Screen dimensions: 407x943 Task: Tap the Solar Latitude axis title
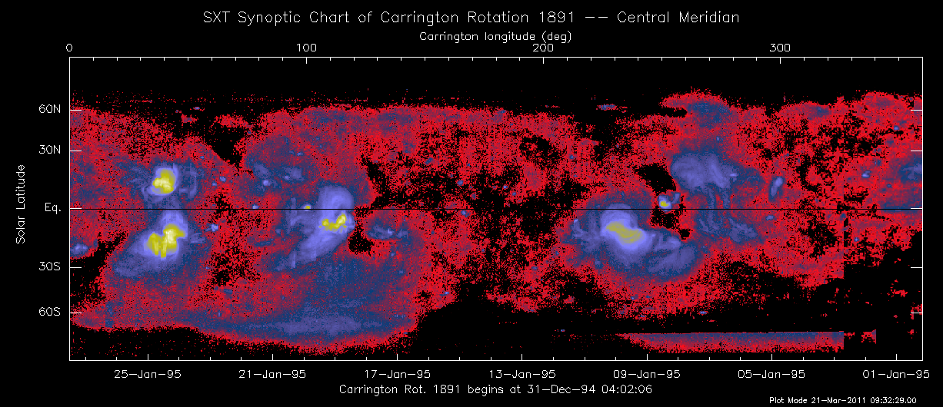pos(22,204)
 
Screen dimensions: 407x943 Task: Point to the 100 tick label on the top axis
pos(307,48)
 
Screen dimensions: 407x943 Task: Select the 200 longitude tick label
pos(544,48)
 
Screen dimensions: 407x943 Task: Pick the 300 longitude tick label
pos(781,48)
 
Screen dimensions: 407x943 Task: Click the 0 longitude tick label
pos(70,48)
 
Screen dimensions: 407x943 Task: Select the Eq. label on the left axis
pos(53,208)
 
